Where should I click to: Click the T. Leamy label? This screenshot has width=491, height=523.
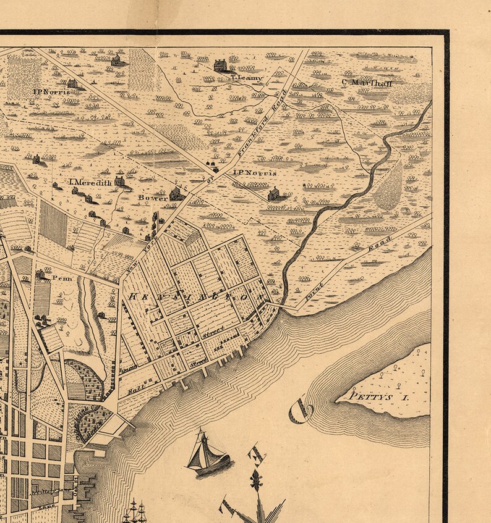click(x=246, y=78)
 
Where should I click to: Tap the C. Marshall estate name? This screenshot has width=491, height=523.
click(x=367, y=82)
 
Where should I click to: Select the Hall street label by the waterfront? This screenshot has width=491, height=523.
click(x=135, y=390)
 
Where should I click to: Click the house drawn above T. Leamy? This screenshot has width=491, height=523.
click(x=220, y=65)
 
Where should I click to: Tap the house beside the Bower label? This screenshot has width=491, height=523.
click(x=176, y=194)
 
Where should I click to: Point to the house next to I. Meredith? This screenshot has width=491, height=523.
click(x=119, y=180)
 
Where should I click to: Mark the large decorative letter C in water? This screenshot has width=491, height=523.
click(x=301, y=411)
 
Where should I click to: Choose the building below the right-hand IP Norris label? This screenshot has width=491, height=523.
click(x=273, y=195)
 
